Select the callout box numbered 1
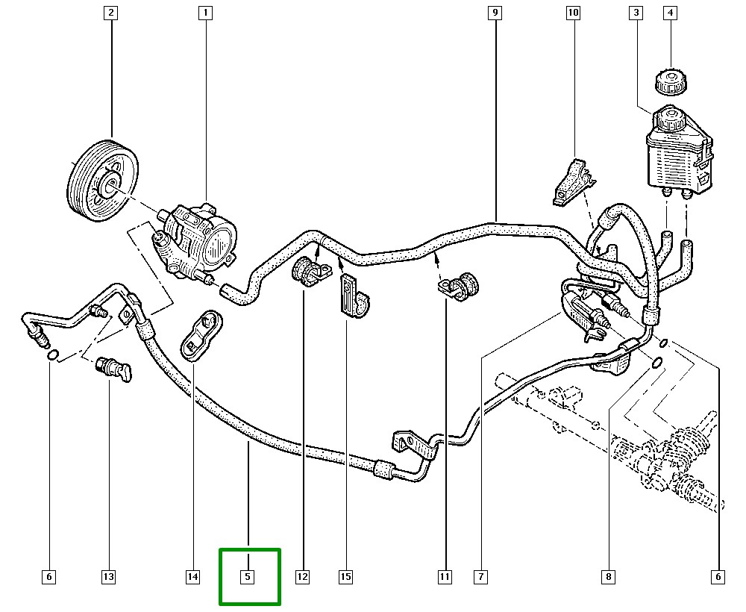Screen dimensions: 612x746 click(x=205, y=13)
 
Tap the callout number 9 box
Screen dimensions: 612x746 click(x=495, y=13)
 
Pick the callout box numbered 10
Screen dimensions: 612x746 click(x=573, y=13)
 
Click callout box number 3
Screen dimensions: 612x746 click(x=636, y=13)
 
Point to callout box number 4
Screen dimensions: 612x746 click(x=670, y=13)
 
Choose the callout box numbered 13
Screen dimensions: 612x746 click(x=108, y=576)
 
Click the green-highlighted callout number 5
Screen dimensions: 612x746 click(x=248, y=576)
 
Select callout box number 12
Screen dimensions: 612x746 click(x=302, y=576)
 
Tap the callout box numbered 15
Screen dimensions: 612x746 click(x=345, y=576)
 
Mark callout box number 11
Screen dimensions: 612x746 click(x=445, y=576)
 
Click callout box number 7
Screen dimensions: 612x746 click(x=480, y=576)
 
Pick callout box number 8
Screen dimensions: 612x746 click(x=609, y=576)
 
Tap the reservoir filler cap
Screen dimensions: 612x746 click(x=668, y=81)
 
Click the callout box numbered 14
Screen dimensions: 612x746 click(x=192, y=576)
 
